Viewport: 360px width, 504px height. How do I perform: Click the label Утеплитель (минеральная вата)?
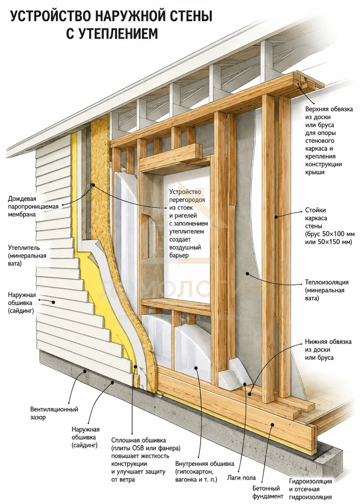[x=27, y=255]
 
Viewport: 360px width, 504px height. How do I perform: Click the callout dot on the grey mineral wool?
[x=247, y=274]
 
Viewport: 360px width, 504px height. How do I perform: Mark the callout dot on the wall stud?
[x=276, y=217]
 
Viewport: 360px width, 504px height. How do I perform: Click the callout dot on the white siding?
[x=53, y=302]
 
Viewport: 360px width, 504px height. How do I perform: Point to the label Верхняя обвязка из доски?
[x=329, y=109]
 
